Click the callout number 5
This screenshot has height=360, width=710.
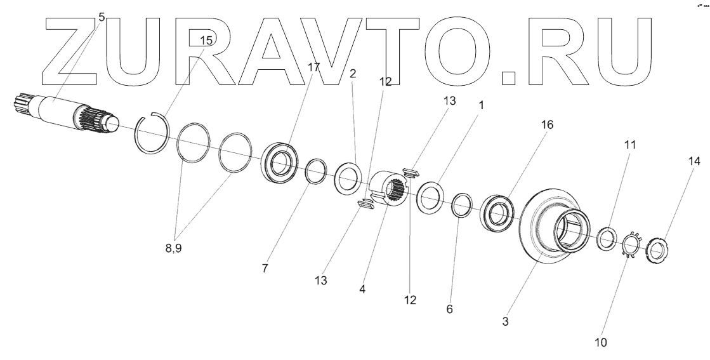pyautogui.click(x=102, y=16)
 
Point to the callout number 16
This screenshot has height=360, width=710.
pyautogui.click(x=547, y=125)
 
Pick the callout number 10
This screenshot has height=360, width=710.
pyautogui.click(x=600, y=342)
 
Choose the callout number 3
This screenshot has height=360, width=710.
pyautogui.click(x=506, y=322)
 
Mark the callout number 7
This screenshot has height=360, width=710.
pyautogui.click(x=265, y=269)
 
